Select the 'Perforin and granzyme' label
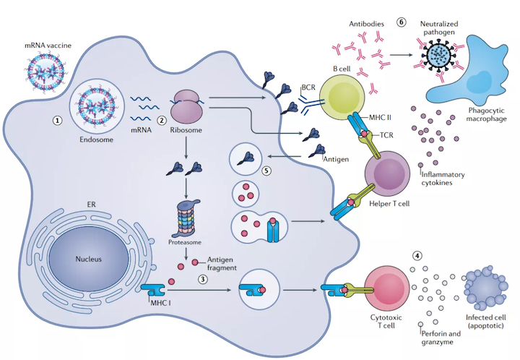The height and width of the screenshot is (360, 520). pyautogui.click(x=440, y=337)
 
